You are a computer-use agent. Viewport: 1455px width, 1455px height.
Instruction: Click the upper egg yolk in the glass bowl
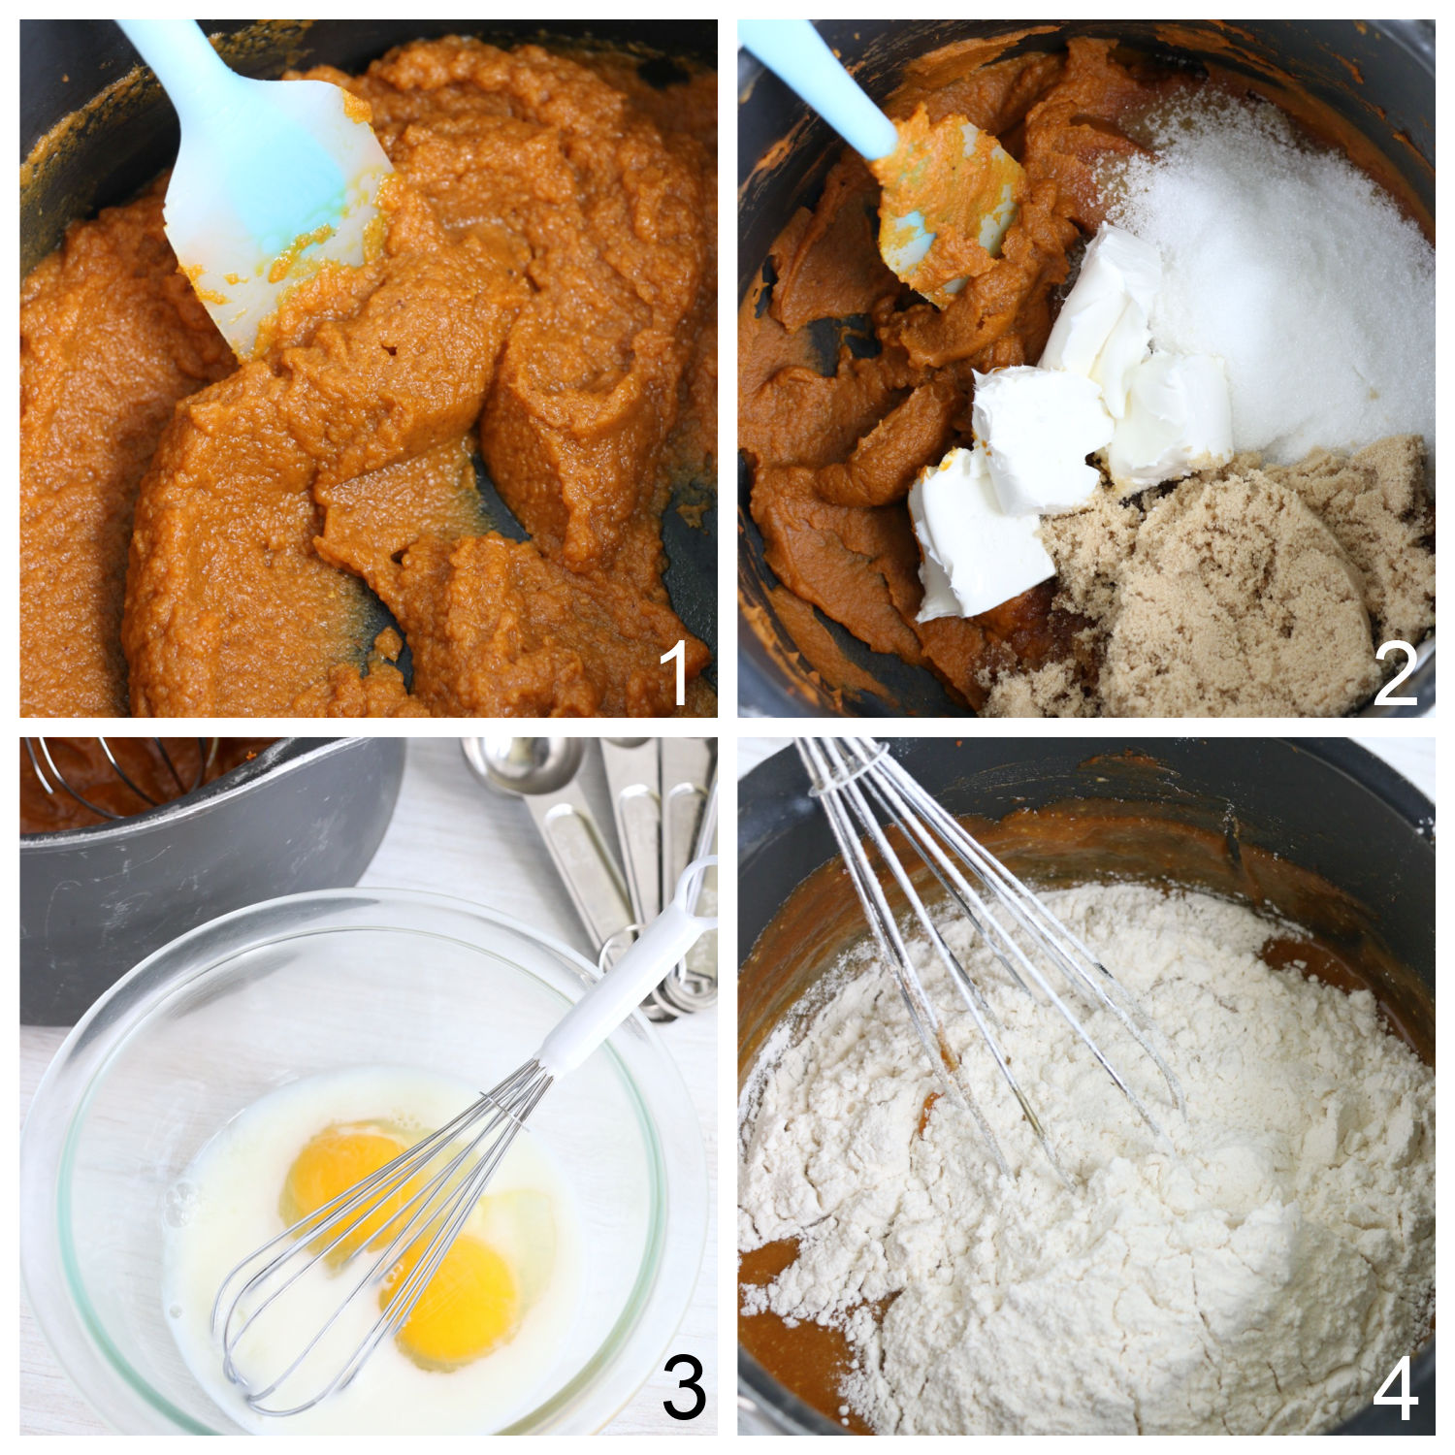coord(335,1169)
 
